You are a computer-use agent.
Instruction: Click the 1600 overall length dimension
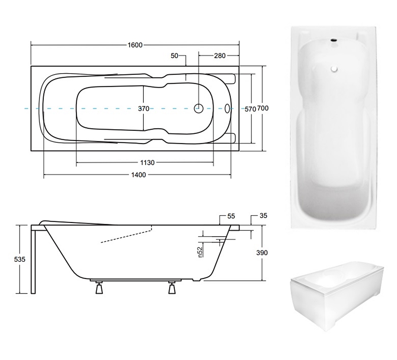(x=135, y=45)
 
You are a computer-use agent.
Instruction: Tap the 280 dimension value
(x=220, y=56)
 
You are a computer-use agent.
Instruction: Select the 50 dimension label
(x=174, y=56)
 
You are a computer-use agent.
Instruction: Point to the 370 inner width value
(x=143, y=108)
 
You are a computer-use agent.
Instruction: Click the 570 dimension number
(x=250, y=109)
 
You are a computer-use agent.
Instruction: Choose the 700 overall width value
(x=263, y=108)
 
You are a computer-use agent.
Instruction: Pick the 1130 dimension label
(x=147, y=163)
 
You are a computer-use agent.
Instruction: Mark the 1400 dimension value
(x=139, y=175)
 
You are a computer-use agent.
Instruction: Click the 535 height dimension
(x=20, y=259)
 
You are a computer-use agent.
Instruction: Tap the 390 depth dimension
(x=262, y=253)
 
